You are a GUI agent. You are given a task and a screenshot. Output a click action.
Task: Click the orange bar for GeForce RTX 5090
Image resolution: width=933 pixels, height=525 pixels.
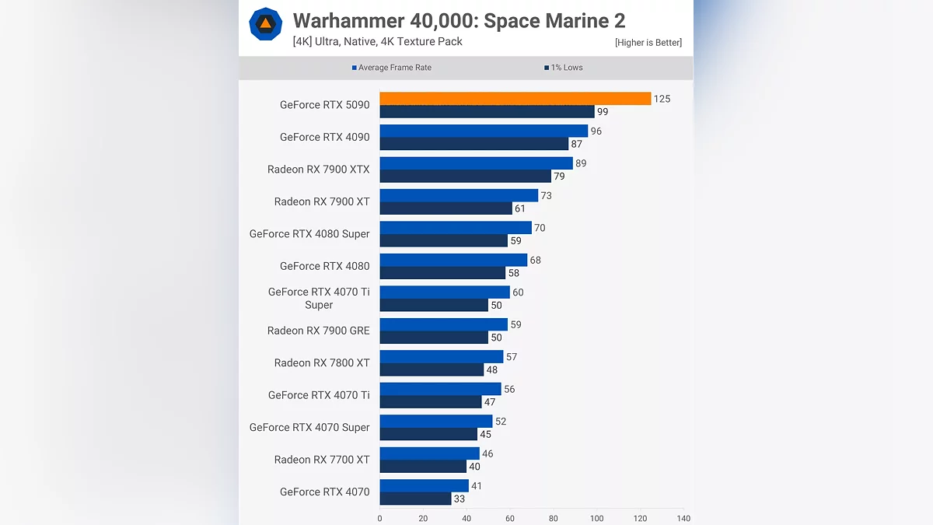coord(515,99)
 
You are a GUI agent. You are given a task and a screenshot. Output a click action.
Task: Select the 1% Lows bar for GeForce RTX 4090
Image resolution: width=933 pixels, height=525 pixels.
coord(474,144)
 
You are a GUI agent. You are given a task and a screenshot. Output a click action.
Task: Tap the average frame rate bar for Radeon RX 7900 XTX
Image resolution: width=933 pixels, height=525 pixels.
coord(476,163)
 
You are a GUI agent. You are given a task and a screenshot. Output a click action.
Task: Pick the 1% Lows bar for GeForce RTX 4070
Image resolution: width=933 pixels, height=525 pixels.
coord(416,499)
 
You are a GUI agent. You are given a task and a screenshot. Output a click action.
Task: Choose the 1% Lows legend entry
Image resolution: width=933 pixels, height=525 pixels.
coord(564,68)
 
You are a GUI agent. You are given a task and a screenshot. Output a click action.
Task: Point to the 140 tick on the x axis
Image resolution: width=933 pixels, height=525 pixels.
coord(683,518)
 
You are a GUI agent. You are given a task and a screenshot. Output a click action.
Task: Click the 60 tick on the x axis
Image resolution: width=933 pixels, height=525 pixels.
coord(510,518)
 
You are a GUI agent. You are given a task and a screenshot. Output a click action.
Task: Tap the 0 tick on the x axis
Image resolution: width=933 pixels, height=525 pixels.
coord(379,518)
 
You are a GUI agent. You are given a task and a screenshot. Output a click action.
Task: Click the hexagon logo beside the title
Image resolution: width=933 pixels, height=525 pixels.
coord(265,23)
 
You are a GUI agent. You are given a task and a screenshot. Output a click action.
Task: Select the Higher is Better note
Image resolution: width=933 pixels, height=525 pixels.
coord(648,43)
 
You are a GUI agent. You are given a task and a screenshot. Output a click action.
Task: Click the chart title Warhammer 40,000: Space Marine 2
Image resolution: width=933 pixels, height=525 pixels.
coord(459,21)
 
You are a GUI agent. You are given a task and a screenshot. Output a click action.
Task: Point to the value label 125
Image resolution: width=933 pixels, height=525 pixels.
coord(662,99)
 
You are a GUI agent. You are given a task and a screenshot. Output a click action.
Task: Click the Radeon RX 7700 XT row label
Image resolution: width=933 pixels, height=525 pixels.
coord(322,460)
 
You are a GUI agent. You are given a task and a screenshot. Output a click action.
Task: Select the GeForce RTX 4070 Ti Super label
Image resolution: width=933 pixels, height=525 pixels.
coord(319,299)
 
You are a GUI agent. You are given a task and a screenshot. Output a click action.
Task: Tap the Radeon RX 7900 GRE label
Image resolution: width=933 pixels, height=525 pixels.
coord(319,331)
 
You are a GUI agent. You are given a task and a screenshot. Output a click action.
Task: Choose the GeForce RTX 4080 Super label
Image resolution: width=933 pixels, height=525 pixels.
coord(309,233)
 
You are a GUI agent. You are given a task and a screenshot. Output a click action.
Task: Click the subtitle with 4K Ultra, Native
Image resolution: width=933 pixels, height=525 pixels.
coord(377,41)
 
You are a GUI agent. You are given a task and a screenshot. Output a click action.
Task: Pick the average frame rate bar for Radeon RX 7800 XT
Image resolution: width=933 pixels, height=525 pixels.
coord(442,357)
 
